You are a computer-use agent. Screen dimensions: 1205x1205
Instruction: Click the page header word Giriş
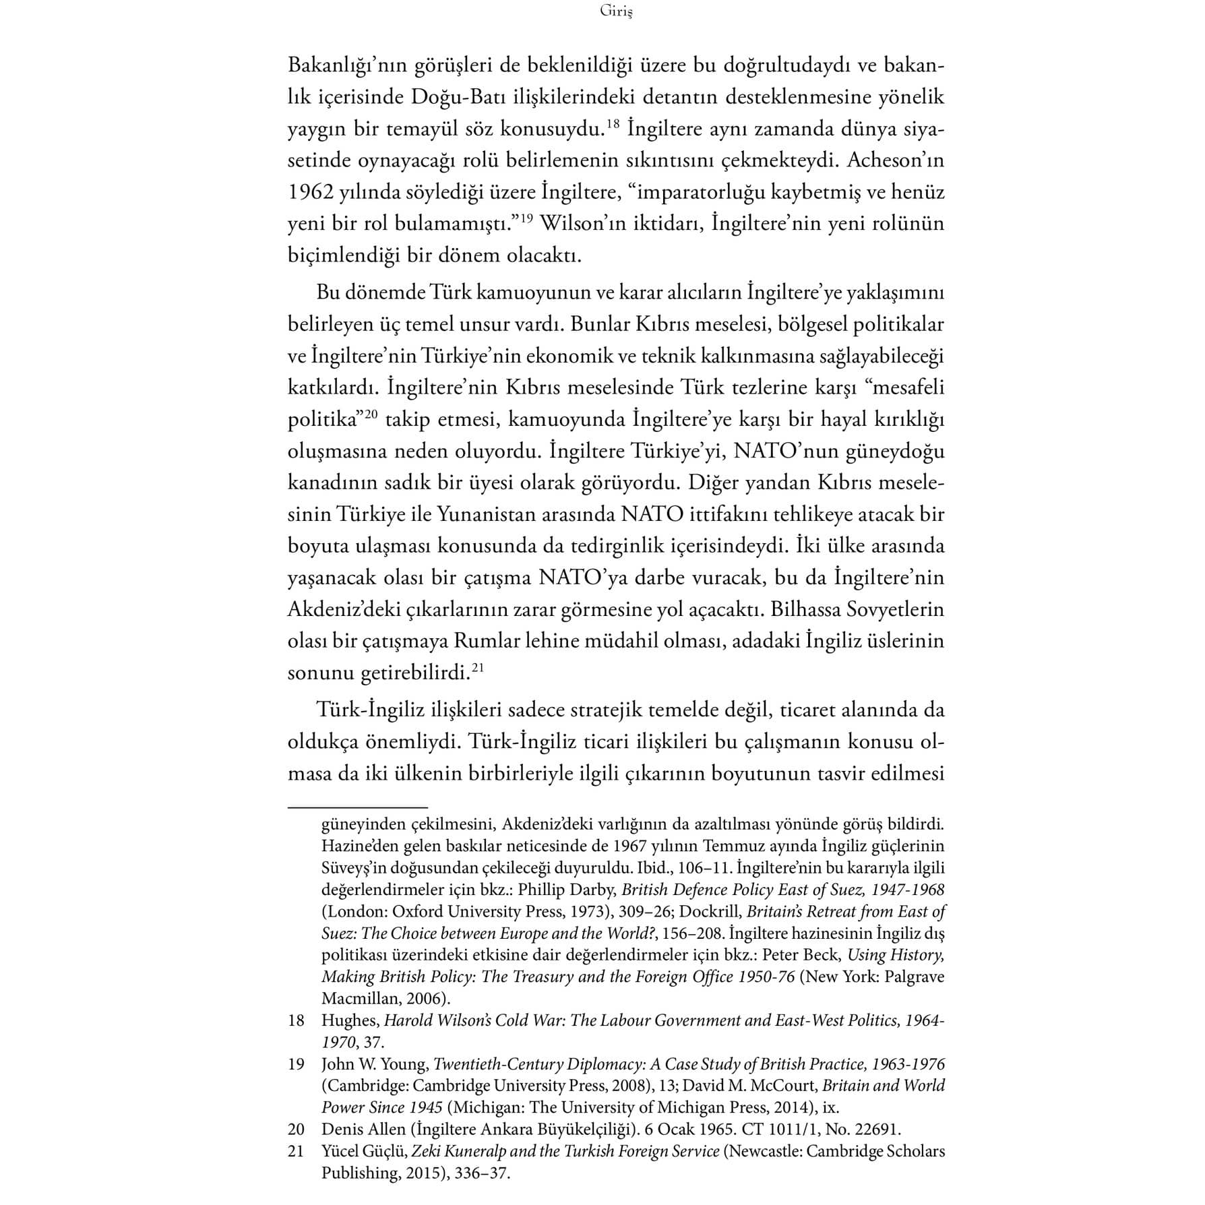click(615, 11)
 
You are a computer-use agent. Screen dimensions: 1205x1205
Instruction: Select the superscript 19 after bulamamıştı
click(525, 217)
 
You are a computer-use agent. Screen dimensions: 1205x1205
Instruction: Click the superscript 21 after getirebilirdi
click(478, 667)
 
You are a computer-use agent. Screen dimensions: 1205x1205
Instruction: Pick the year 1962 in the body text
click(311, 193)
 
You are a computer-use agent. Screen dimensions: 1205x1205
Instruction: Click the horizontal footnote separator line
click(358, 807)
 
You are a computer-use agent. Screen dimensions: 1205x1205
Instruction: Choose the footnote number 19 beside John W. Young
click(297, 1065)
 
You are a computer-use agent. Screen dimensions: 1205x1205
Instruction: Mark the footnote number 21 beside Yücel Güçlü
click(297, 1151)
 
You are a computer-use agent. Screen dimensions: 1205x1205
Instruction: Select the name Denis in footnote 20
click(340, 1130)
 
